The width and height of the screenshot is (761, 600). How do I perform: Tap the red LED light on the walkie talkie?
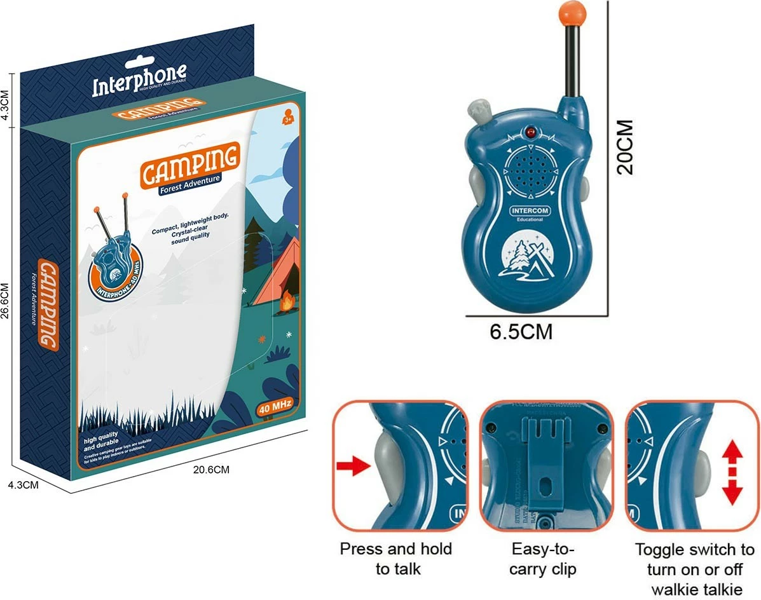529,132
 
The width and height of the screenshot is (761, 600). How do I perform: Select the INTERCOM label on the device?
530,210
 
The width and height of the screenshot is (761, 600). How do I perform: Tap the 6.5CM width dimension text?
521,332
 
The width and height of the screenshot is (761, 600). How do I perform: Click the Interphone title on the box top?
139,81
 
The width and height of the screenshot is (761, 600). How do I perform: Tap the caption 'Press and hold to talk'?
397,558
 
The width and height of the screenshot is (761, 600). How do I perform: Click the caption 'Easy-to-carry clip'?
543,558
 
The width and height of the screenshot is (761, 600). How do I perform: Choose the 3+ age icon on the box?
286,119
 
